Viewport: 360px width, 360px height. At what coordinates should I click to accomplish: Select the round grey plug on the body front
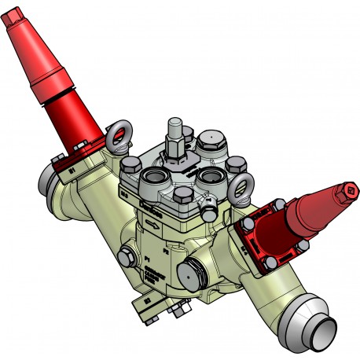(191, 272)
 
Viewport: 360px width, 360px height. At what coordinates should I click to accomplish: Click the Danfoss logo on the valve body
(150, 208)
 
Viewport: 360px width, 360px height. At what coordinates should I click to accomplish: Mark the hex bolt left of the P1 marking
(127, 254)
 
